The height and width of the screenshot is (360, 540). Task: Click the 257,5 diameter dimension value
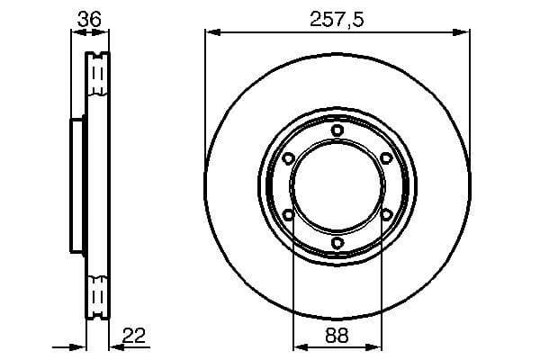(x=337, y=18)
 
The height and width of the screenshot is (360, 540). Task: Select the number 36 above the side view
(x=87, y=17)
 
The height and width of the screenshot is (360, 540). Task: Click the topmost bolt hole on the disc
(x=337, y=130)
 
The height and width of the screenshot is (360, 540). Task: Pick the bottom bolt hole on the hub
(x=337, y=243)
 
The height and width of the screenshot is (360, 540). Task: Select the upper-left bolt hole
(x=288, y=158)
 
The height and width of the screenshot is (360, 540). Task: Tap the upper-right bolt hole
(x=386, y=158)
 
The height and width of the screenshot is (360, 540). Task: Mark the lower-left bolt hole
(x=288, y=214)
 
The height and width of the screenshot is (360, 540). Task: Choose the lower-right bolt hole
(x=386, y=214)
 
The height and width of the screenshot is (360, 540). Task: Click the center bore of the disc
(x=337, y=186)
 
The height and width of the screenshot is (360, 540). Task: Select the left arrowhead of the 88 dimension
(x=300, y=346)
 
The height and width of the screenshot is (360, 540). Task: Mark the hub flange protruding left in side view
(x=76, y=186)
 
